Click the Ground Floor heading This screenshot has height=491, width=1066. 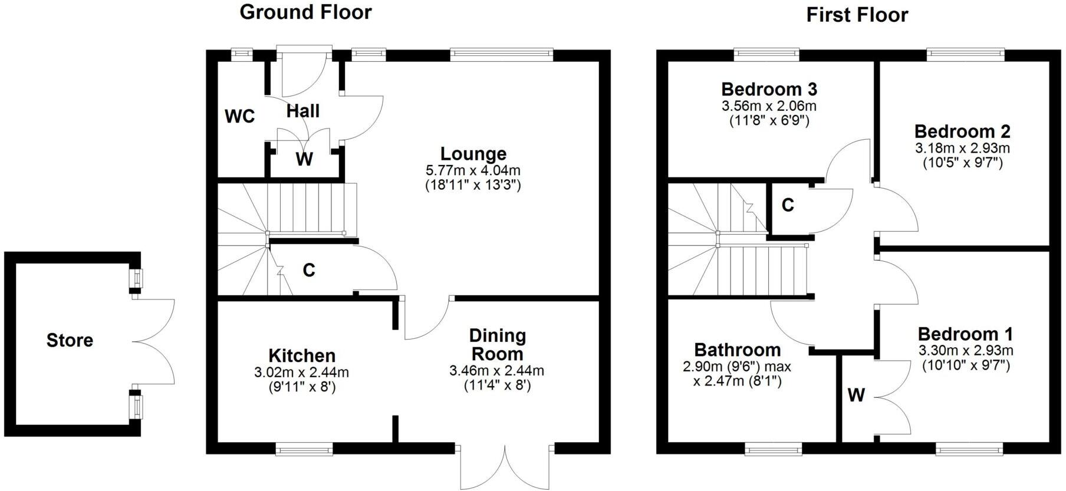305,12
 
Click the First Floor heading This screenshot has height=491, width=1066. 857,15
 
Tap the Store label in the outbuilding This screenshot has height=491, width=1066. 70,340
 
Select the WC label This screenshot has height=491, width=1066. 240,117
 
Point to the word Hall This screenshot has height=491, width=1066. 303,111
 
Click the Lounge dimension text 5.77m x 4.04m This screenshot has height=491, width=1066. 473,171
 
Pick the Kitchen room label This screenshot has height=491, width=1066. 302,355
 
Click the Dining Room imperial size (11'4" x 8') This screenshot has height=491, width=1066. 497,385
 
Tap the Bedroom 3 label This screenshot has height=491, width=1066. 769,90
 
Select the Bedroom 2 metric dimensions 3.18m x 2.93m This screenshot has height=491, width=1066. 962,147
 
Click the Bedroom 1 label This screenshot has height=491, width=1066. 965,334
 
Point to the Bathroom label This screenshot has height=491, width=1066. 737,350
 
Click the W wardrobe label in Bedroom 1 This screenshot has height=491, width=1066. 856,395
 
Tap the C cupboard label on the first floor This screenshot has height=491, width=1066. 788,205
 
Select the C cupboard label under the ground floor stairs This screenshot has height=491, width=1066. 308,270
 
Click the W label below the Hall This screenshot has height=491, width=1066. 304,159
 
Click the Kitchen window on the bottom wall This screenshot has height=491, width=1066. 304,450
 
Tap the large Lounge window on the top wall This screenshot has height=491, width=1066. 502,54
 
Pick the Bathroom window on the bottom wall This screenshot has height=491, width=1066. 774,450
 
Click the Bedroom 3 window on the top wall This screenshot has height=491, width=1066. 766,54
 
